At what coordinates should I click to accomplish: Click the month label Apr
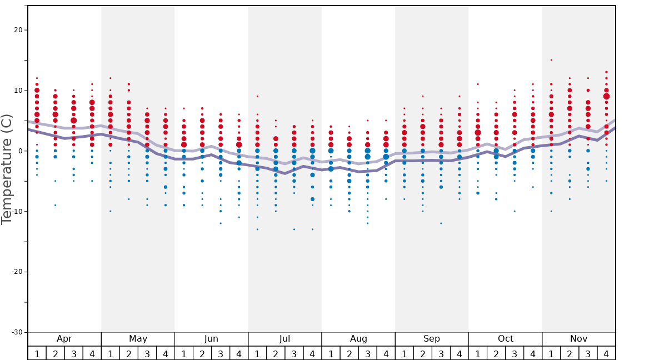(64, 339)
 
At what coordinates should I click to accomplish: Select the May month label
(138, 339)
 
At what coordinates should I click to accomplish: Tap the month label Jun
(211, 339)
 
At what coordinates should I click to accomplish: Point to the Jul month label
(284, 339)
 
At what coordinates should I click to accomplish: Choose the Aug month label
(358, 339)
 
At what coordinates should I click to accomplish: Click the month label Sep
(432, 339)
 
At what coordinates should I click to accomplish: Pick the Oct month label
(505, 339)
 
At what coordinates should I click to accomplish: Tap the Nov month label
(578, 339)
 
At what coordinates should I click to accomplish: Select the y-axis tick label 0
(20, 151)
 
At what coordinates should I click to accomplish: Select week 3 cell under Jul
(294, 353)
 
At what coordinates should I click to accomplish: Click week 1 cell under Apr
(37, 353)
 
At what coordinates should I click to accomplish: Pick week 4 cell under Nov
(606, 353)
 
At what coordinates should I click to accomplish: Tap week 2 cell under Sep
(422, 353)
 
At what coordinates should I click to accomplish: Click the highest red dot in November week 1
(551, 60)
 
